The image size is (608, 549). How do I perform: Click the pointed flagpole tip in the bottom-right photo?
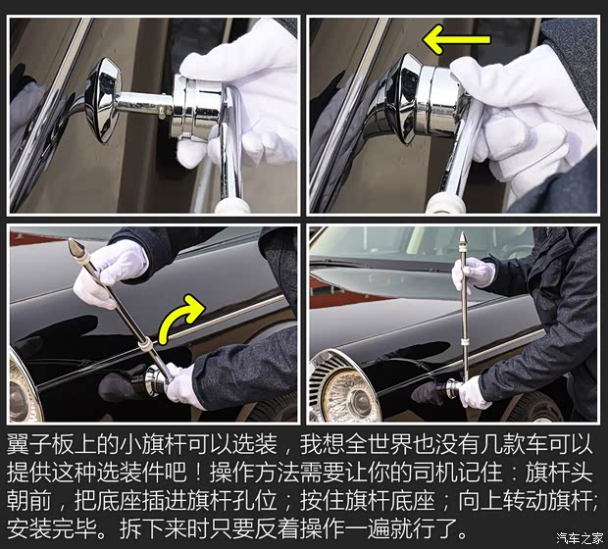click(x=460, y=241)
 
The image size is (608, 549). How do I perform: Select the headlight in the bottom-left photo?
click(x=23, y=386)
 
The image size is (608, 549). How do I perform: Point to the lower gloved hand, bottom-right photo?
click(x=474, y=392)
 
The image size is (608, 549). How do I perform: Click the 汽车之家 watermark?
click(x=580, y=537)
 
